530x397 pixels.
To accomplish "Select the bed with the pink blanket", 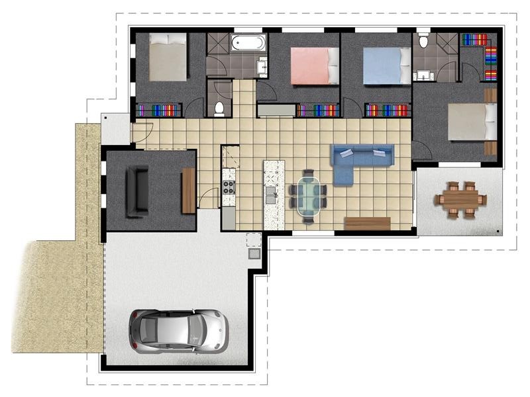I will [x=314, y=66].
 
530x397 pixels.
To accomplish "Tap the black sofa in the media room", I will [x=138, y=191].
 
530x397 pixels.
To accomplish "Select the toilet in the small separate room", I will [x=219, y=107].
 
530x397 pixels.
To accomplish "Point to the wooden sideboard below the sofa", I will [x=368, y=223].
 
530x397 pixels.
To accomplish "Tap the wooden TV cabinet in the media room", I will [x=188, y=191].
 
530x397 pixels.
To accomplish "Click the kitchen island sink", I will [x=271, y=195].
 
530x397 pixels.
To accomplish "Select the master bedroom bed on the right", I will [x=472, y=120].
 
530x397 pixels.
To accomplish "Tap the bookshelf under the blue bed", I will [x=388, y=110].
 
